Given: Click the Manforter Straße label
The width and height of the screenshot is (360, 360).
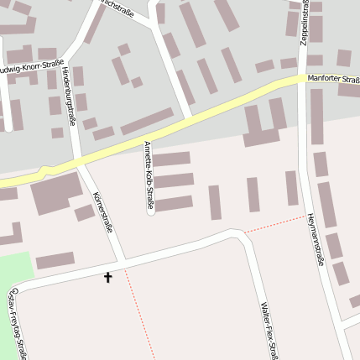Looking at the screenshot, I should (333, 81).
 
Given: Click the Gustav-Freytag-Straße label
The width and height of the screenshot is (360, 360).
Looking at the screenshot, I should (18, 322).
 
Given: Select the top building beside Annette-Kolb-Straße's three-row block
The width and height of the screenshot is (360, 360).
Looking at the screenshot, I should (172, 159).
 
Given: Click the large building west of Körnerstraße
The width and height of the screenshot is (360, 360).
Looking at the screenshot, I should (56, 194).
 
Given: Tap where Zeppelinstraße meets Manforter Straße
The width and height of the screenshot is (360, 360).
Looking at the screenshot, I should (303, 79).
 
